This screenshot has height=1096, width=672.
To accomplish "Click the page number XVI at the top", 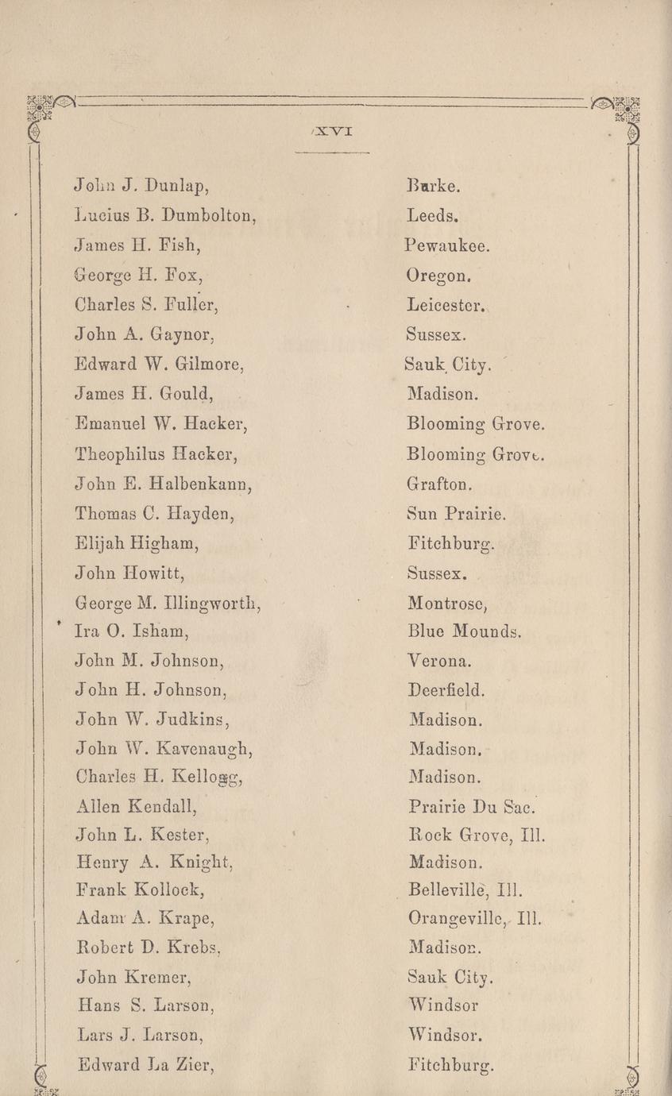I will [x=332, y=132].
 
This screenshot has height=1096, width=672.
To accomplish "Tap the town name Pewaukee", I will [x=447, y=246].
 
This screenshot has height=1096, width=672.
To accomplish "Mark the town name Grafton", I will [x=440, y=482].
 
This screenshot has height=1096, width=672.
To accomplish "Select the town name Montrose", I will [x=446, y=604].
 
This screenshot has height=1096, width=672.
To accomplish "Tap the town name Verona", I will [x=441, y=661].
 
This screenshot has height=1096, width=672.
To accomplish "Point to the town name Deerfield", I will [x=446, y=691].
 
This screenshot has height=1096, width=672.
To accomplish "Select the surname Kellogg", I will [x=202, y=778].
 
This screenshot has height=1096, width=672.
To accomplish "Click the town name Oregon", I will [x=440, y=276].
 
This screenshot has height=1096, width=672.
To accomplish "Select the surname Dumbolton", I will [x=208, y=215].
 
